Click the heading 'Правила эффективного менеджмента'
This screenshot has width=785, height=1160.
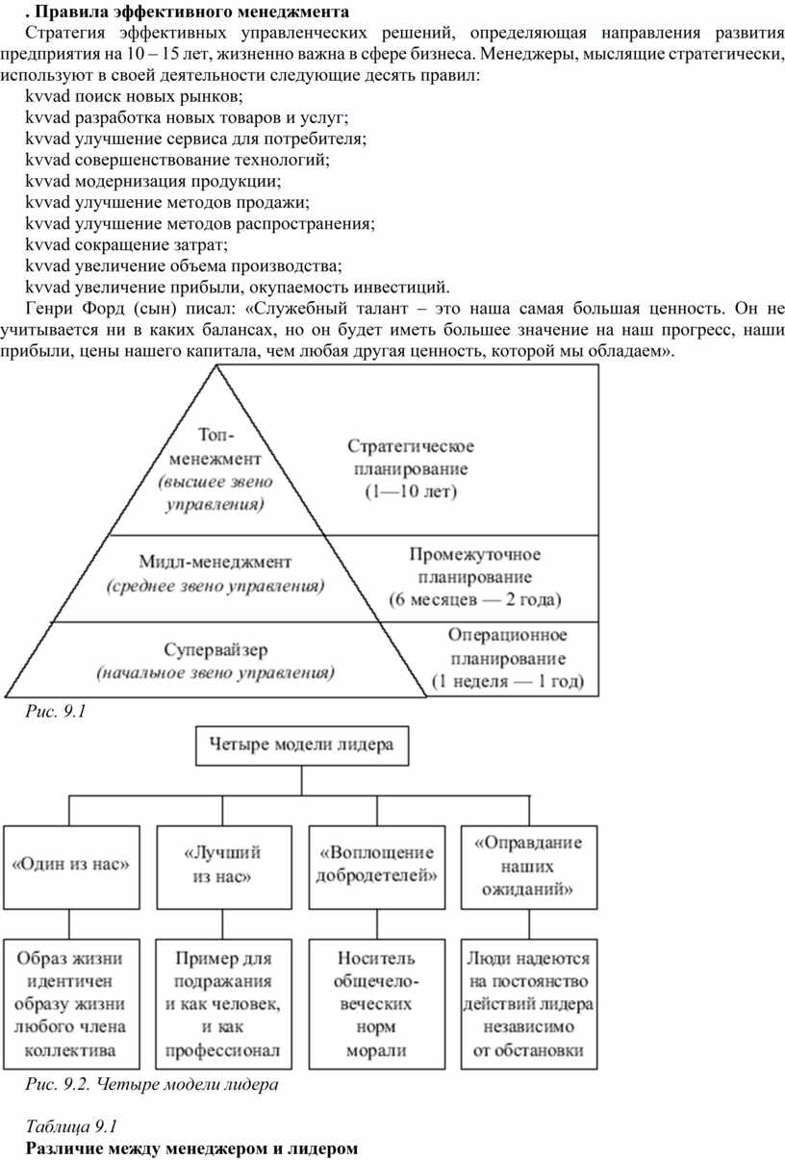pos(191,12)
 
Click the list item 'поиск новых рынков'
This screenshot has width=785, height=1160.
pos(159,96)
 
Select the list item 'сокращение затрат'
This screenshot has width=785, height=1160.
pos(151,244)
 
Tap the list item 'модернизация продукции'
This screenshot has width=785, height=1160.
pos(178,181)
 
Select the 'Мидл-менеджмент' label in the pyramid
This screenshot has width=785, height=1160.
pos(215,562)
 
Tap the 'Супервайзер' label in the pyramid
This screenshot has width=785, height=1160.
pos(215,650)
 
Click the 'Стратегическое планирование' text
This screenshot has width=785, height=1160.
pos(411,457)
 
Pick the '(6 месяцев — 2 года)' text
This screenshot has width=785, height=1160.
pos(475,599)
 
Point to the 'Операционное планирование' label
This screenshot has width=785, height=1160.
pos(508,646)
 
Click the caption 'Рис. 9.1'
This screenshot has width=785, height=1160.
pos(56,711)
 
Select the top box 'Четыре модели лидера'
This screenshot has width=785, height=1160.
pos(302,745)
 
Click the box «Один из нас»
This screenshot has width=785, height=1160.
pos(71,868)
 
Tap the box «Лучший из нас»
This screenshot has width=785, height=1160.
pos(224,868)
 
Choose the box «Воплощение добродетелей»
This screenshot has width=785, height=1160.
pos(377,868)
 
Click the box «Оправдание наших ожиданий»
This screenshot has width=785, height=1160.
pos(529,868)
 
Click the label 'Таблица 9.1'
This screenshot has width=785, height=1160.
pos(72,1126)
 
